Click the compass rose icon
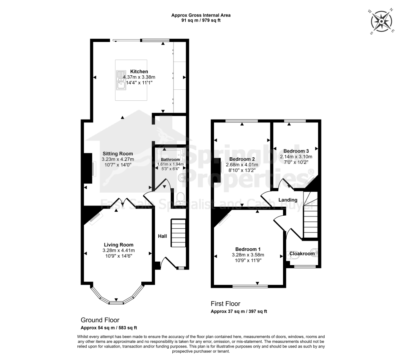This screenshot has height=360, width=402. [382, 22]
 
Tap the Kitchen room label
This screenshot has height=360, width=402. [139, 71]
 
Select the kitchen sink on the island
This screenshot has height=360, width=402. [121, 80]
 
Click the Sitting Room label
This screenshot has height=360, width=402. [118, 154]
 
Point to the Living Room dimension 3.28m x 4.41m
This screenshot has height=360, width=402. [119, 251]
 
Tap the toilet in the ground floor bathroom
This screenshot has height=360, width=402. [181, 198]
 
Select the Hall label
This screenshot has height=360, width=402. [162, 236]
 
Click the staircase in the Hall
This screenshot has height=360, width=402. [178, 233]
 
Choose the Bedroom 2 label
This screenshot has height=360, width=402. [242, 159]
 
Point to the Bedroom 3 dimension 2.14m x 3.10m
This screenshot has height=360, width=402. [296, 157]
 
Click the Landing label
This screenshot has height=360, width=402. [288, 200]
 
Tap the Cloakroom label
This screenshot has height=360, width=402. [302, 254]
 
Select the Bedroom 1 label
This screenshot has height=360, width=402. [248, 249]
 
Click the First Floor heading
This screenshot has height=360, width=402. [225, 304]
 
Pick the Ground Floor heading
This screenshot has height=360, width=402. [100, 320]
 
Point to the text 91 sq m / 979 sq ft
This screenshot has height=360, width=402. [201, 20]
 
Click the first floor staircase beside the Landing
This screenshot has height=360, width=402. [310, 215]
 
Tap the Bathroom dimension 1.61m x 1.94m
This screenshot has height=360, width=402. [170, 164]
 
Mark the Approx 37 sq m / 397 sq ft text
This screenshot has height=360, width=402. [239, 311]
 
